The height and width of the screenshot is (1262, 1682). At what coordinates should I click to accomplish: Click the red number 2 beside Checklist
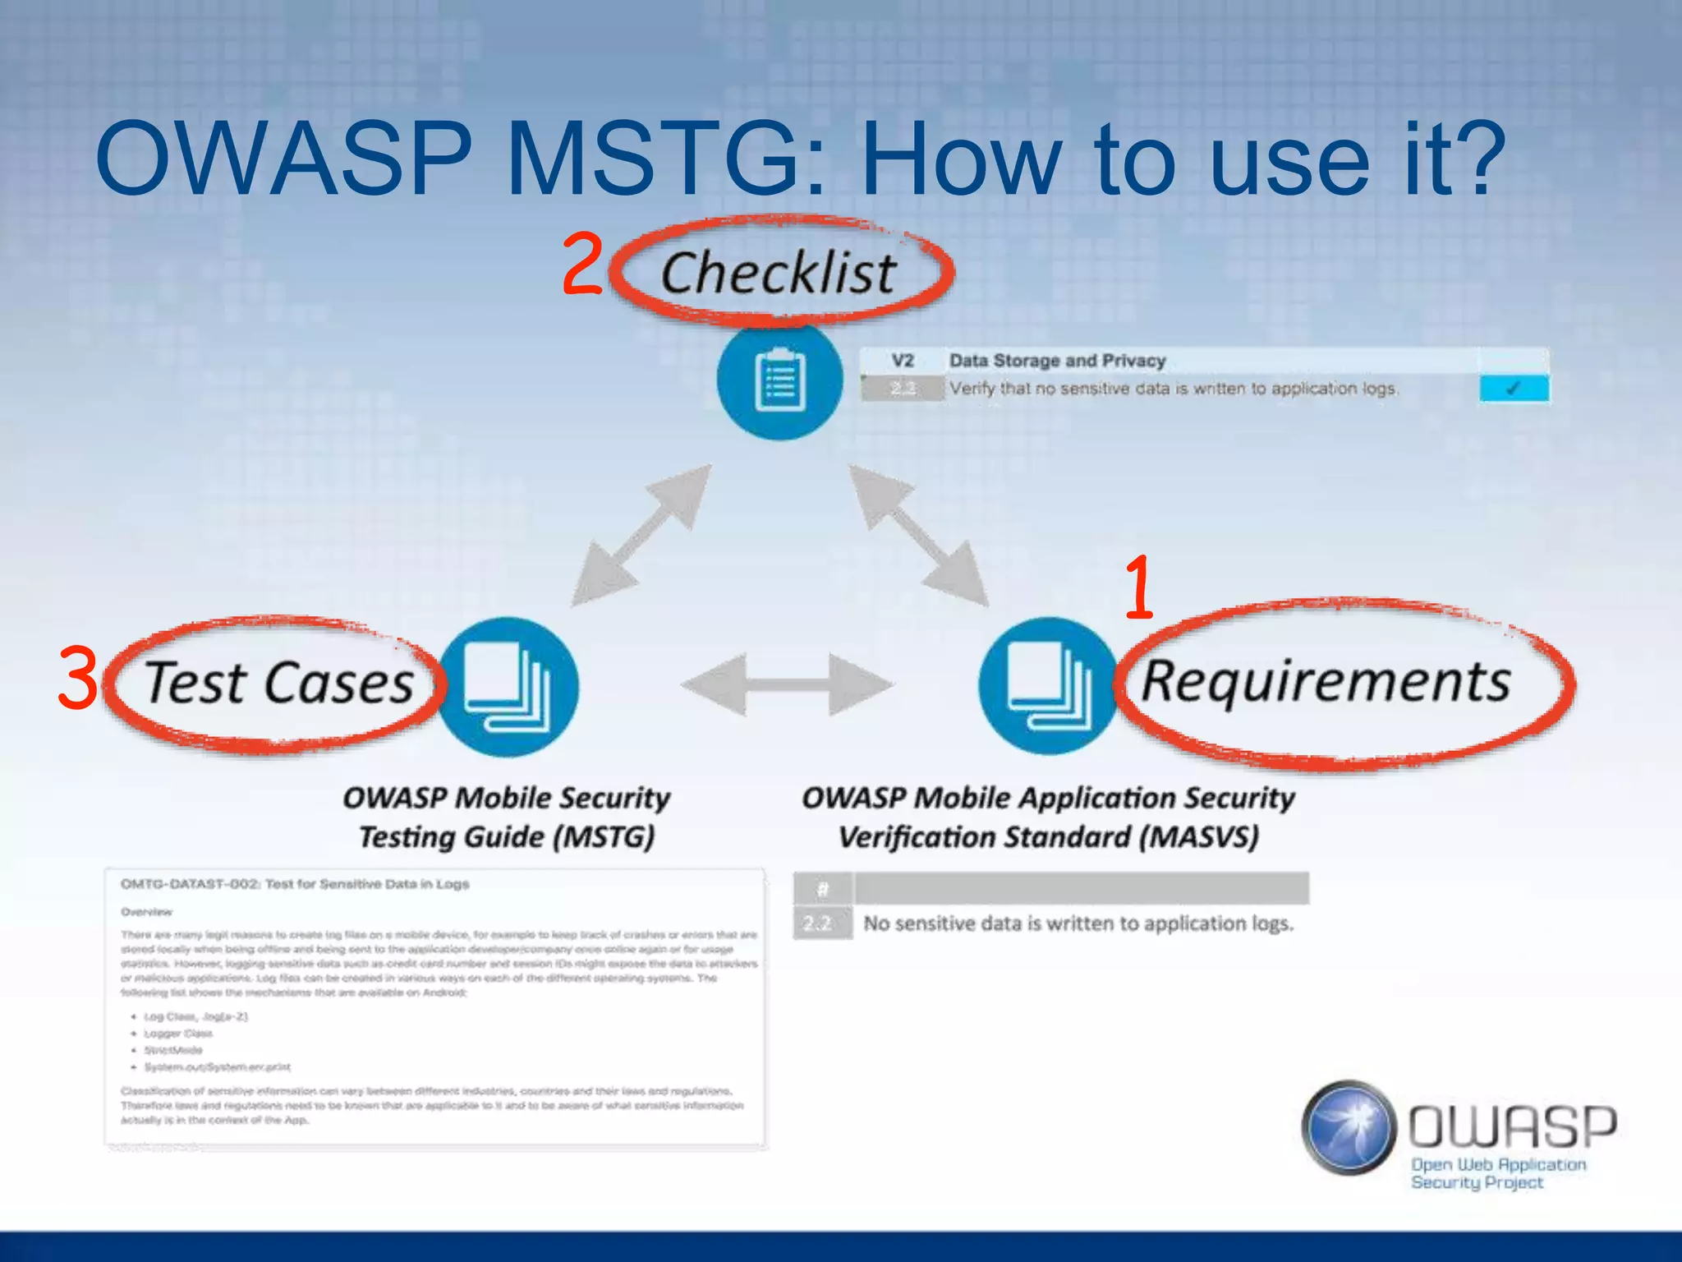pos(583,265)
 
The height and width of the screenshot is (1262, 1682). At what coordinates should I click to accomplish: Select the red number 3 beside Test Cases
pos(78,679)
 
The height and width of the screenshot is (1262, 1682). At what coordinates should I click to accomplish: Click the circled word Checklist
pos(779,273)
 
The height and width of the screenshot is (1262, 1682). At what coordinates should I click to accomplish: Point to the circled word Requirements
pos(1326,682)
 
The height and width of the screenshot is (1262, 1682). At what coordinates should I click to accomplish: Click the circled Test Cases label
pos(279,684)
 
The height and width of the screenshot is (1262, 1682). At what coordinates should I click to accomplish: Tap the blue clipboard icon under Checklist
pos(779,380)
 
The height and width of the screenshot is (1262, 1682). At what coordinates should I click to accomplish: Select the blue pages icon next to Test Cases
pos(508,687)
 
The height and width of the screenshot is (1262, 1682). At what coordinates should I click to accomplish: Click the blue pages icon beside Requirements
pos(1048,687)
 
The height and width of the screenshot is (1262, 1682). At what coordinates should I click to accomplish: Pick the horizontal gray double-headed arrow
pos(787,684)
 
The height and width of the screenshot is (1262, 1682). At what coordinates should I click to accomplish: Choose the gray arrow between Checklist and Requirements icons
pos(918,536)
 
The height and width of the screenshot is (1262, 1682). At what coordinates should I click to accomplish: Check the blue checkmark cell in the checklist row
pos(1514,389)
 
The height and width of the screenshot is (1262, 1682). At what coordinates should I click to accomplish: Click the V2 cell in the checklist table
pos(902,361)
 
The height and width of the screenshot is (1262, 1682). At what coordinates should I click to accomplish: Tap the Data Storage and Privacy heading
pos(1057,361)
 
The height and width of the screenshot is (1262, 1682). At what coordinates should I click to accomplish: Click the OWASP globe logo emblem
pos(1349,1127)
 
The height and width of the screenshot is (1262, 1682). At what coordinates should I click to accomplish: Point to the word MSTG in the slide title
pos(653,159)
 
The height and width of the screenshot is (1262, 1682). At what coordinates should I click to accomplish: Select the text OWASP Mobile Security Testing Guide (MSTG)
pos(507,818)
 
